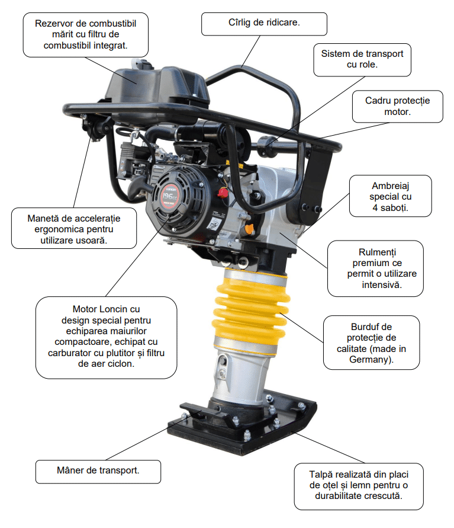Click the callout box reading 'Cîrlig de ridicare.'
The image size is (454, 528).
tap(264, 24)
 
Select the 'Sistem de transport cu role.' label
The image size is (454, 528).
tap(362, 60)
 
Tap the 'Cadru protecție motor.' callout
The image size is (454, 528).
tap(398, 106)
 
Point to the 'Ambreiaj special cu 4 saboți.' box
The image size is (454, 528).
tap(391, 196)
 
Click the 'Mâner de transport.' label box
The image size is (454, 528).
tap(98, 472)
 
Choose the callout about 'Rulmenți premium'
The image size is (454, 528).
tap(375, 268)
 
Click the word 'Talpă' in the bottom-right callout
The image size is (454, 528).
tap(321, 475)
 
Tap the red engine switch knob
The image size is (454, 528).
tap(223, 193)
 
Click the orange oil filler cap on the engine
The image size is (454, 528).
tap(249, 229)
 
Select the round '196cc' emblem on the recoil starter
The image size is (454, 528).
tap(169, 196)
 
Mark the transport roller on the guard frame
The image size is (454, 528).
tap(266, 145)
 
